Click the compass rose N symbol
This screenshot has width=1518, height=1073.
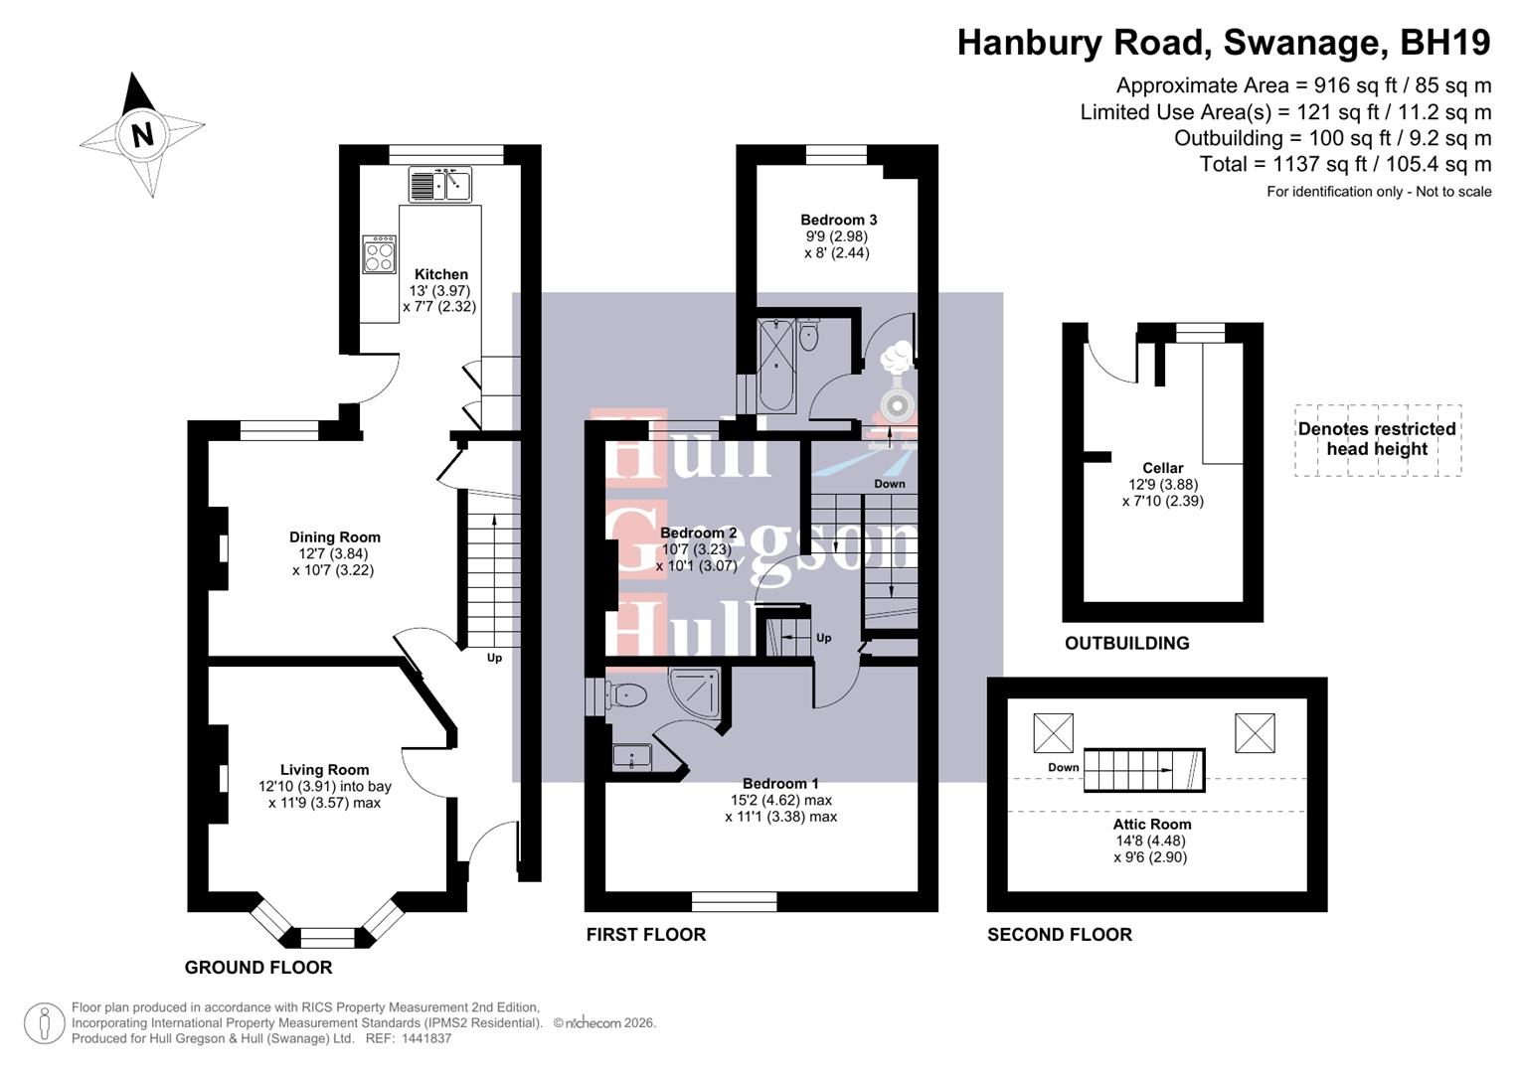(x=142, y=133)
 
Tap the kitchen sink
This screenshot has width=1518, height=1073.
(x=439, y=185)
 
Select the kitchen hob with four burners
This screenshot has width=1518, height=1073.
(x=379, y=254)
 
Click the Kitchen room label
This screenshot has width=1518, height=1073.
(x=440, y=274)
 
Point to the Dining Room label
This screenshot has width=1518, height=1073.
(x=334, y=537)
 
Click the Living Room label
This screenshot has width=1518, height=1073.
(x=324, y=770)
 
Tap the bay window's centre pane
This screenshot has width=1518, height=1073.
(x=327, y=936)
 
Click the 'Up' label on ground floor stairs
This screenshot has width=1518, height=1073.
(x=494, y=658)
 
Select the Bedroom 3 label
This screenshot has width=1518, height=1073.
(x=838, y=220)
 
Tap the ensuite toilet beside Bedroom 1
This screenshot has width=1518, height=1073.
(x=625, y=693)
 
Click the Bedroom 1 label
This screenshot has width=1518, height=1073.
(x=780, y=784)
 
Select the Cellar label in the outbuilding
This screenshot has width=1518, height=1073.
(x=1162, y=468)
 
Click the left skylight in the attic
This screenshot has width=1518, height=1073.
(x=1053, y=733)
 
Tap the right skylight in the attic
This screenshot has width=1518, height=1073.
(x=1255, y=733)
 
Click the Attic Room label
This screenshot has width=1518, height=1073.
(x=1151, y=825)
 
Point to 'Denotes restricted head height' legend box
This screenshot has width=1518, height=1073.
(x=1377, y=439)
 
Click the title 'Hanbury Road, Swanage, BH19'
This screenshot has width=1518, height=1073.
(x=1223, y=43)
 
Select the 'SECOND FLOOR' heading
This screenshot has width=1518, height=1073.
(x=1059, y=935)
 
